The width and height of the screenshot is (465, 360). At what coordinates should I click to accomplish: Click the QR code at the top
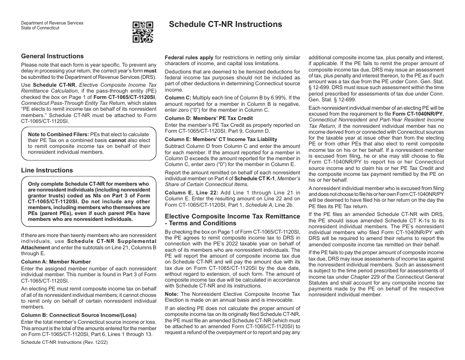143,32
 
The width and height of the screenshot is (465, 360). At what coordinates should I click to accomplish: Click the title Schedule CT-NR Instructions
225,24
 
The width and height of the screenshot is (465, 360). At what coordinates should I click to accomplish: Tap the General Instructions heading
52,56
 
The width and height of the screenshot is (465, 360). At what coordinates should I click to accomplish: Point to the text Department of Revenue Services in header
52,23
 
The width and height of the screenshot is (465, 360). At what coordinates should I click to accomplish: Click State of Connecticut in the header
40,28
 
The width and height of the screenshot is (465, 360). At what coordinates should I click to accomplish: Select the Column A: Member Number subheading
56,262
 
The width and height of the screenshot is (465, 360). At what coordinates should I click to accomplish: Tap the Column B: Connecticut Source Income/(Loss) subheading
79,314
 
